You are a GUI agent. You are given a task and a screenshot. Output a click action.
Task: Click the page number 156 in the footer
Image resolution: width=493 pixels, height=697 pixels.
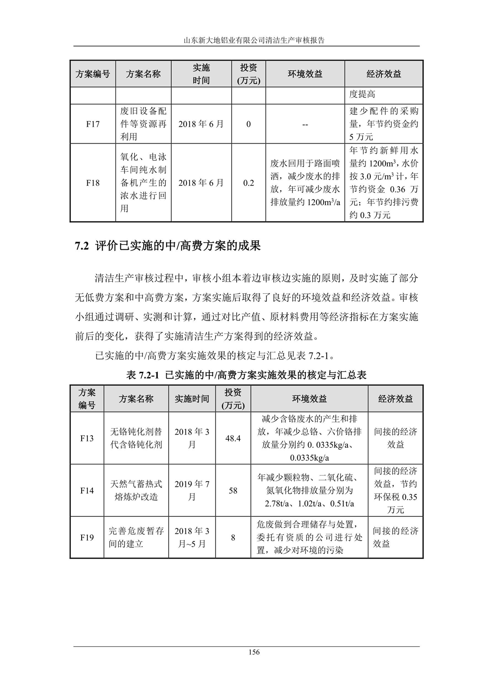pos(254,652)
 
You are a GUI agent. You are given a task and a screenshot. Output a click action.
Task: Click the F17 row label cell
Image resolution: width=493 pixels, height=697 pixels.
pos(93,124)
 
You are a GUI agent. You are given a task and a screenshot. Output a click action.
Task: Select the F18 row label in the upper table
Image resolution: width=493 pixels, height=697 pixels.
pos(93,183)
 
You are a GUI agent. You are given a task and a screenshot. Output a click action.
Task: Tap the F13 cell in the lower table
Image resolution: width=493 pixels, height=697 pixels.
pos(87,438)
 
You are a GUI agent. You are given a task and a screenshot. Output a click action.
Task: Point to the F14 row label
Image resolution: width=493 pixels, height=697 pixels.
pos(87,490)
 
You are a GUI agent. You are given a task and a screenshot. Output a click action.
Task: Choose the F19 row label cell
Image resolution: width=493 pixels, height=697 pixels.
pos(87,537)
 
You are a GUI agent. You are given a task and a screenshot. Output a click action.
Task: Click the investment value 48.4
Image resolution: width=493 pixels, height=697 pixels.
pos(233,438)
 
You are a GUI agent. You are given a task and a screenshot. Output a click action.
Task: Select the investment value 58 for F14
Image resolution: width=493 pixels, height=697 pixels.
pos(233,490)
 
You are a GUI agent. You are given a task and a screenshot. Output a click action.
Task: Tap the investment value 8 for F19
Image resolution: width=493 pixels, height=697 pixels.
pos(233,537)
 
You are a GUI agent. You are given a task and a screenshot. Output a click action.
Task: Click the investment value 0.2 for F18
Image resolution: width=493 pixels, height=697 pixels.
pos(248,183)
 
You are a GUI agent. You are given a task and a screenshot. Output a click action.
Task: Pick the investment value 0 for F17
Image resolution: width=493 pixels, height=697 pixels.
pos(248,124)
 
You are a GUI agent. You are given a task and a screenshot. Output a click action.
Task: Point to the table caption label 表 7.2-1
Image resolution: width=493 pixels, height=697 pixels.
pos(143,375)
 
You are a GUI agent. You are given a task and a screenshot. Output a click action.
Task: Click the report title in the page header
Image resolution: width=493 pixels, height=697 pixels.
pos(254,40)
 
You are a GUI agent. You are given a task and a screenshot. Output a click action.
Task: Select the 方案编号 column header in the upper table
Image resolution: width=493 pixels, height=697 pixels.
pos(93,74)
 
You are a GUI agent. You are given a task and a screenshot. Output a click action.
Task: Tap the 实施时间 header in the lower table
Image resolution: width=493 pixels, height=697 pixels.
pos(192,399)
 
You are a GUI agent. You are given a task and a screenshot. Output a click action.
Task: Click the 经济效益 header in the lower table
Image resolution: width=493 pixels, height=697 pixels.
pos(395,399)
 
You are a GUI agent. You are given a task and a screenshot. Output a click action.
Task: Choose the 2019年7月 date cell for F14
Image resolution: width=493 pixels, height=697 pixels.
pos(192,490)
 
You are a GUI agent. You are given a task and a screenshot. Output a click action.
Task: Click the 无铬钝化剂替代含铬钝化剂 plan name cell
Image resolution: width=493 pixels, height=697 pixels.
pos(136,438)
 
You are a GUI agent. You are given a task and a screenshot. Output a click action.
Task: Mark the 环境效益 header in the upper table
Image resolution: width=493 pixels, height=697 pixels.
pos(305,74)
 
